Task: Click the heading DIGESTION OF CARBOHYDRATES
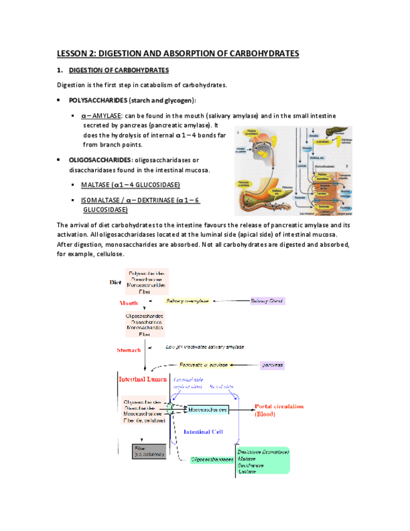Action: point(118,70)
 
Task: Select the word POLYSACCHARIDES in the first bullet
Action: point(99,100)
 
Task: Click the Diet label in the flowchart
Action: point(115,282)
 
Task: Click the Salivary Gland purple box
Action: point(267,301)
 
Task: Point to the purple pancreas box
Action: point(272,364)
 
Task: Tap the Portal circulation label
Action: point(279,405)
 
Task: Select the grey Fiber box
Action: point(149,451)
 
